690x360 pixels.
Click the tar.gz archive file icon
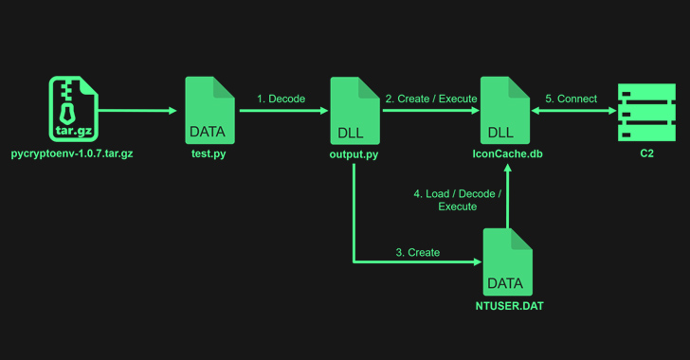tap(73, 110)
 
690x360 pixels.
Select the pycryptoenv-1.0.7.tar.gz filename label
tap(72, 153)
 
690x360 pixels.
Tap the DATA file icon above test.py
tap(209, 110)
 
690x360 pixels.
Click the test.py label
tap(209, 153)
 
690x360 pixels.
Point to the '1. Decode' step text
tap(281, 99)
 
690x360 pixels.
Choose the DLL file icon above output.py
tap(354, 110)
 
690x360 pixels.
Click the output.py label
tap(354, 153)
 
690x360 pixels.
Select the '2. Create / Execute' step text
tap(429, 99)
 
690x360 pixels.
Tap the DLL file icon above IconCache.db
tap(504, 110)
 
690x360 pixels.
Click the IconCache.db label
tap(507, 153)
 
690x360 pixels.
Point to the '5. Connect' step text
tap(571, 99)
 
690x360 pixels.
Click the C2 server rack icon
tap(646, 112)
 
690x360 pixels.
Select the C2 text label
tap(646, 153)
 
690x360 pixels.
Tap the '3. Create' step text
tap(418, 252)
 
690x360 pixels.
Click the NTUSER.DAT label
tap(509, 306)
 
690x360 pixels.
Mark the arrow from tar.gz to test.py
tap(137, 111)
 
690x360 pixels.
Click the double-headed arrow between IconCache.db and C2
tap(573, 111)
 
